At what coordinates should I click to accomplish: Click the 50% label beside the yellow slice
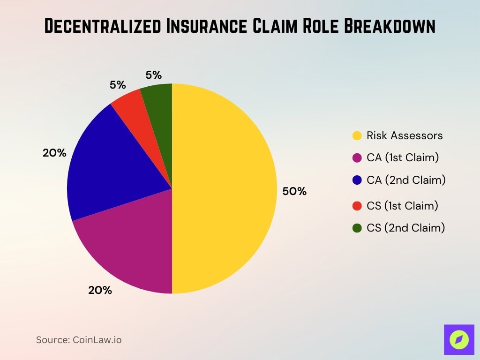pyautogui.click(x=294, y=191)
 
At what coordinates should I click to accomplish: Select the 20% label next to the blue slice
pyautogui.click(x=54, y=153)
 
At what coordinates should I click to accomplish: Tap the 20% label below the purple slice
pyautogui.click(x=100, y=290)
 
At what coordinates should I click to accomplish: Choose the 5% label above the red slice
pyautogui.click(x=118, y=85)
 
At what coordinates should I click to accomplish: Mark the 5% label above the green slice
pyautogui.click(x=153, y=75)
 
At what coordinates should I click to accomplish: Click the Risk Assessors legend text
pyautogui.click(x=405, y=135)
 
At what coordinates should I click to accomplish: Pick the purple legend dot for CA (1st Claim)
pyautogui.click(x=357, y=158)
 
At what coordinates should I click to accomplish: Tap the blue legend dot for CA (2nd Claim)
pyautogui.click(x=357, y=180)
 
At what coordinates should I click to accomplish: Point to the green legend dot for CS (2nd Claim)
pyautogui.click(x=357, y=228)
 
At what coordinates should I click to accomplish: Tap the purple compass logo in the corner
pyautogui.click(x=459, y=339)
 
